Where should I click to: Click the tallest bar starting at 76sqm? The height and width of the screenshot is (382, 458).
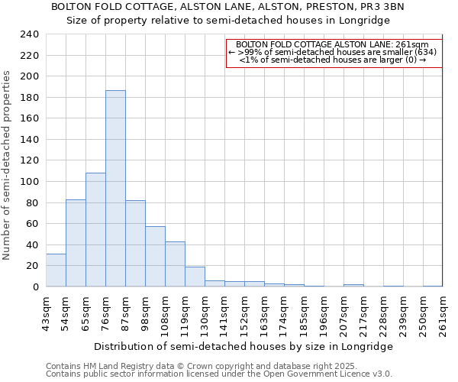pyautogui.click(x=115, y=189)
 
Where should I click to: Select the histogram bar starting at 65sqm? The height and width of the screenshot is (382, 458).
pyautogui.click(x=95, y=230)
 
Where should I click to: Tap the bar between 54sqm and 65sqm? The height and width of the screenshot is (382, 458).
pyautogui.click(x=76, y=243)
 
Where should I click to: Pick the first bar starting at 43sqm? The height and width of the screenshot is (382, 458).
pyautogui.click(x=56, y=270)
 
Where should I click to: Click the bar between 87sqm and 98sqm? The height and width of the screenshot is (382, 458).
pyautogui.click(x=135, y=244)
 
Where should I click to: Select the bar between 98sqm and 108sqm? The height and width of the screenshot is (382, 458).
pyautogui.click(x=155, y=257)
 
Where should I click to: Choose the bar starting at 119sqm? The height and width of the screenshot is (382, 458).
pyautogui.click(x=195, y=277)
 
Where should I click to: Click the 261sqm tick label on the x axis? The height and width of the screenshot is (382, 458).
pyautogui.click(x=443, y=316)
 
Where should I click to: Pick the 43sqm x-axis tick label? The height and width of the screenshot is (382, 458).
pyautogui.click(x=47, y=316)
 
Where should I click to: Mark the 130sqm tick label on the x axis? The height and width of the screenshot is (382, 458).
pyautogui.click(x=205, y=316)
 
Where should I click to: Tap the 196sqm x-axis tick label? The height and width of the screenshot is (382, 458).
pyautogui.click(x=324, y=316)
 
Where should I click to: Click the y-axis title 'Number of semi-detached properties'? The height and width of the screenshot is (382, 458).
pyautogui.click(x=7, y=165)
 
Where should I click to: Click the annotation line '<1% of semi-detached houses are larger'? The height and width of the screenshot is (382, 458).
pyautogui.click(x=333, y=60)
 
